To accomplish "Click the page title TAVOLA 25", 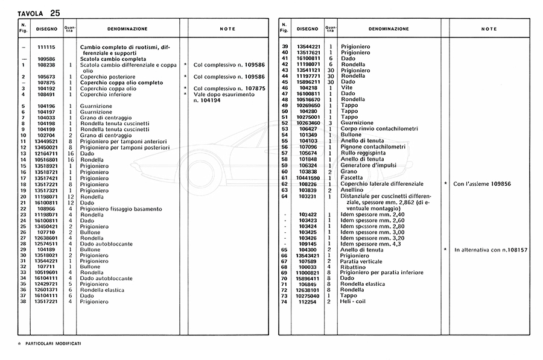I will coord(39,13).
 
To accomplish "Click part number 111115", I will coord(46,46).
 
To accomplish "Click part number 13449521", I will coord(46,141).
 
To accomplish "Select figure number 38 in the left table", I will coord(23,301).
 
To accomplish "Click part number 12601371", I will coord(46,289).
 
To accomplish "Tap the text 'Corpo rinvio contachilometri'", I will coord(378,128).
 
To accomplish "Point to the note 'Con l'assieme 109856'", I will coord(482,183).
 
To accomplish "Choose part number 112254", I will coord(307,301).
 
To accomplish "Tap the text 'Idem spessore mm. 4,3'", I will coord(370,243).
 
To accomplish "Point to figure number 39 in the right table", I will coord(284,46).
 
